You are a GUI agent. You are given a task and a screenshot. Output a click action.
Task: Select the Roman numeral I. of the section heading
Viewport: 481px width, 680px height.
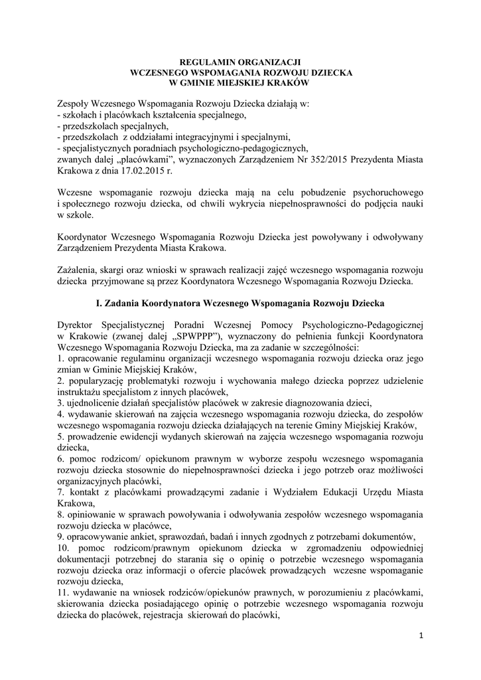(x=101, y=303)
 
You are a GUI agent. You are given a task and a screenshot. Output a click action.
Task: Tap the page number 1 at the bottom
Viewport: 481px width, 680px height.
(x=421, y=636)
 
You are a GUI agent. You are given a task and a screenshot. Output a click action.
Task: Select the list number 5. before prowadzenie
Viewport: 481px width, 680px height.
(x=60, y=436)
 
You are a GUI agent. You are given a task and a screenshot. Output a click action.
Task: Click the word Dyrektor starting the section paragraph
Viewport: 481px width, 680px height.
(x=78, y=325)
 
